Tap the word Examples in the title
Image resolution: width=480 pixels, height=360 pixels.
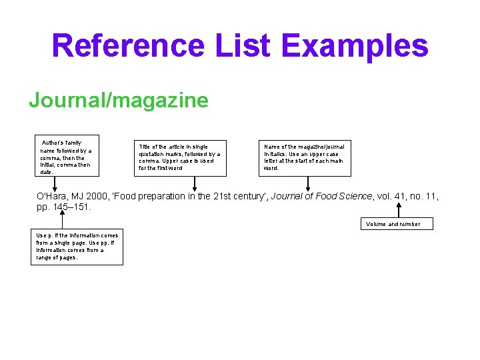coord(355,46)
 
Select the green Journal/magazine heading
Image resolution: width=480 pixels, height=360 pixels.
coord(118,101)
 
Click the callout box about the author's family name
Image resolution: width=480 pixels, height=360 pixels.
coord(67,157)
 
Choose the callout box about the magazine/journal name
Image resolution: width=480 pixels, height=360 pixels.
coord(305,157)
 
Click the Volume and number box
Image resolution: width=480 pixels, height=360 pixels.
coord(397,224)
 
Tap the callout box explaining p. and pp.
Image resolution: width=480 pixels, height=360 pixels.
coord(79,247)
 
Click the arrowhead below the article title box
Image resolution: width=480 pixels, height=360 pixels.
coord(194,189)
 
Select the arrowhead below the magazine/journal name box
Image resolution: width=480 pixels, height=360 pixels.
coord(307,189)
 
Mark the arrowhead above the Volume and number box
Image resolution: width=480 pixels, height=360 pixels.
coord(398,205)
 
